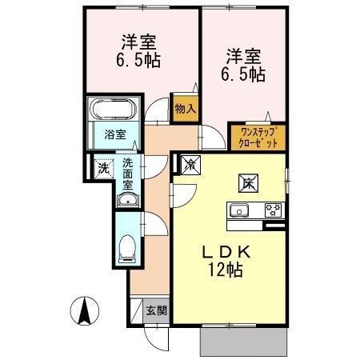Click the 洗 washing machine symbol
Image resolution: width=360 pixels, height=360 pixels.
[x=103, y=169]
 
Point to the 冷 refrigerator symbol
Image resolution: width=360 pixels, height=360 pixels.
[x=192, y=165]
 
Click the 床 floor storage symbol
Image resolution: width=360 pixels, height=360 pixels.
[x=246, y=182]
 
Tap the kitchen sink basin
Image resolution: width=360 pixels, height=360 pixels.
[x=240, y=211]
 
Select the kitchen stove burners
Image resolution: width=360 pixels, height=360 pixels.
[x=273, y=211]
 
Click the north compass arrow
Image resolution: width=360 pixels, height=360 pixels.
[x=84, y=309]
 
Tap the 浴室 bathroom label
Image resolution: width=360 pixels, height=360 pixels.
[x=115, y=134]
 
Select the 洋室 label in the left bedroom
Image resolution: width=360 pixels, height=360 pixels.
[x=138, y=42]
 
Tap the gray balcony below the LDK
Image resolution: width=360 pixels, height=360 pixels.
[x=243, y=342]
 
